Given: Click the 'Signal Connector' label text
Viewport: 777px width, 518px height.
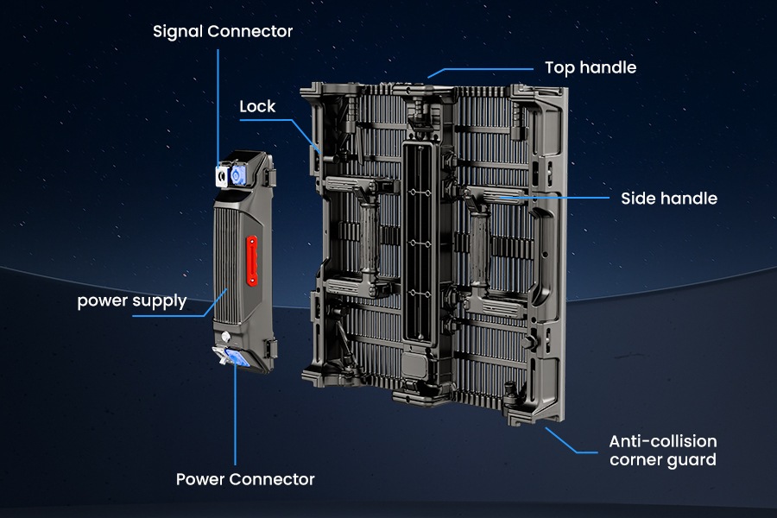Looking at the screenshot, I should coord(223,32).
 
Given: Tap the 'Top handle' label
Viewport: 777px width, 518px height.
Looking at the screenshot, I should coord(590,67).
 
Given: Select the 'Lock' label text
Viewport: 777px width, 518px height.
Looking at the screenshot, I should coord(257,106).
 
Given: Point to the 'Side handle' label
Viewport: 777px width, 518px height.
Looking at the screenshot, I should coord(668,199).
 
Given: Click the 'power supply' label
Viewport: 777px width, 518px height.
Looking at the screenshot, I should coord(131,301).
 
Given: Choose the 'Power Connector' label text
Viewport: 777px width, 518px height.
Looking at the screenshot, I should coord(245,478).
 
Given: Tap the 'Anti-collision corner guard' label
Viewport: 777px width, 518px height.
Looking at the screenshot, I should coord(662,450).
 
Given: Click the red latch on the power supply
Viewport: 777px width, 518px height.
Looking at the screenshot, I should coord(252,261).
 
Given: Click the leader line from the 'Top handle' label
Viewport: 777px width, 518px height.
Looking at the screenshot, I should coord(483,67).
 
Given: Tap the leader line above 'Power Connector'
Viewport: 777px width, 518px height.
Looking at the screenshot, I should coord(235,423).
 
